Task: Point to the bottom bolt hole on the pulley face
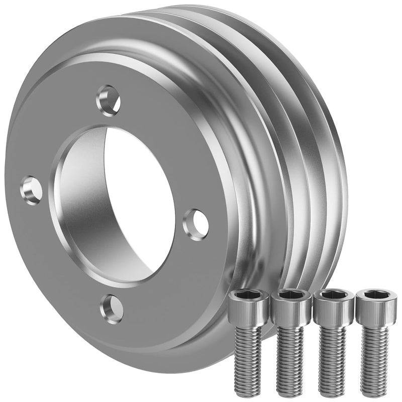[112, 308]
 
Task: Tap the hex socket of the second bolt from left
[290, 295]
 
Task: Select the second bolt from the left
[290, 337]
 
